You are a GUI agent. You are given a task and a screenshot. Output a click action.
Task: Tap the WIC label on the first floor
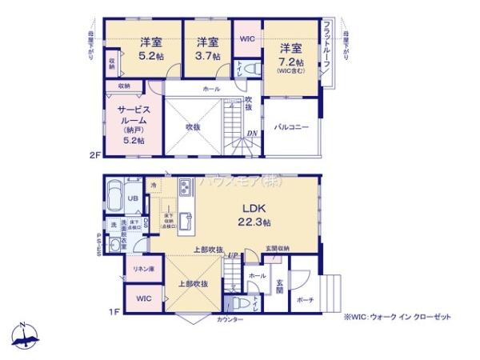tap(143, 298)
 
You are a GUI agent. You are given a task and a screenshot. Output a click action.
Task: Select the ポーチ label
tap(305, 299)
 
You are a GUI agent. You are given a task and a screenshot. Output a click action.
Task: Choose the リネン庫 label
tap(143, 268)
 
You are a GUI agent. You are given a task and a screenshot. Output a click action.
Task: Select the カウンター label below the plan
tap(229, 320)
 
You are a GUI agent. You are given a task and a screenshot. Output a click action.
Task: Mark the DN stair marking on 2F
tap(250, 133)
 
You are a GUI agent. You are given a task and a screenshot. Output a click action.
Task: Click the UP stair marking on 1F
tap(233, 255)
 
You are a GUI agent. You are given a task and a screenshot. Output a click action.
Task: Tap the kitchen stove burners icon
tap(184, 190)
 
